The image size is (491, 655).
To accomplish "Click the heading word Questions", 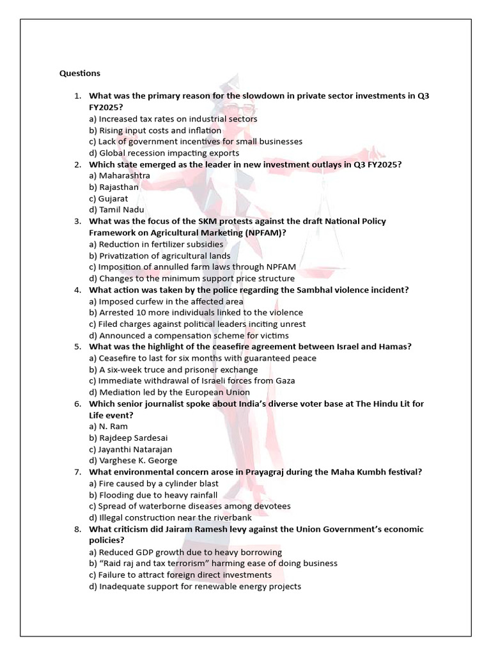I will [80, 74].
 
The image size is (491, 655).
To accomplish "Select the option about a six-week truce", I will [173, 370].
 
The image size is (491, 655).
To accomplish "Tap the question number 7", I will [77, 472].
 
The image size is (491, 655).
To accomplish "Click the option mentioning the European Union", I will [169, 392].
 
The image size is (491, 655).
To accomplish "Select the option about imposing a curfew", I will [166, 301].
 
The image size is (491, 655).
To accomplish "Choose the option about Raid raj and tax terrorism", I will [213, 564].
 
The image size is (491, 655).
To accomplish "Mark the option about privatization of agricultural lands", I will [160, 256].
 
